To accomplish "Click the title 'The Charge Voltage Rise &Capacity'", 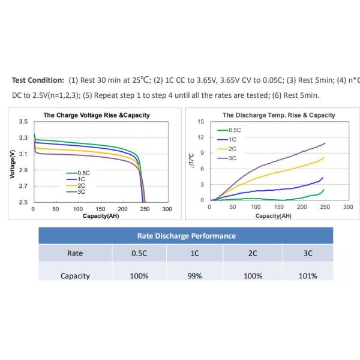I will click(97, 115).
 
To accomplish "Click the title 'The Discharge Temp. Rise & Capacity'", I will click(279, 115).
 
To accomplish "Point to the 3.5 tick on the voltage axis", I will click(23, 122).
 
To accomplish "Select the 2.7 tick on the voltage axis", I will click(23, 187).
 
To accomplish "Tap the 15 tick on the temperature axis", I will click(201, 122).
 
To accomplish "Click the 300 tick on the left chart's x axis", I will click(167, 209).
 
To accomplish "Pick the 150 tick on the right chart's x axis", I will click(278, 207).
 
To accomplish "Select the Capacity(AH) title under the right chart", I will click(274, 215).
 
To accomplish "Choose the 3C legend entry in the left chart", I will click(81, 191).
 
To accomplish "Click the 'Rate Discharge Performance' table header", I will click(187, 236).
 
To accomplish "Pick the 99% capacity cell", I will click(195, 276).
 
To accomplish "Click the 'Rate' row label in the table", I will click(75, 253).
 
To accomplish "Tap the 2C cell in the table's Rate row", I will click(253, 253).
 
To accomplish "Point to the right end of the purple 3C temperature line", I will click(325, 143).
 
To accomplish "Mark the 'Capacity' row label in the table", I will click(75, 276).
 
